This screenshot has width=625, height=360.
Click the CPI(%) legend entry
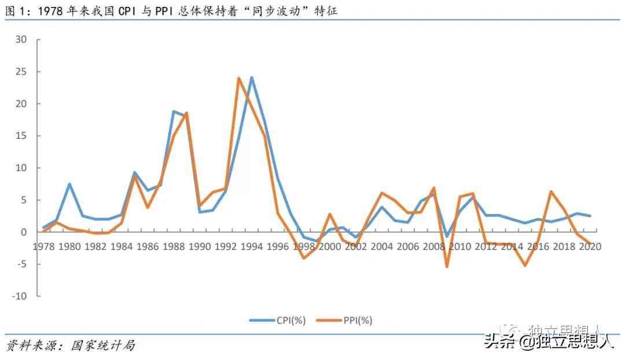tap(277, 320)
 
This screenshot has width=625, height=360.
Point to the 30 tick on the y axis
tap(21, 39)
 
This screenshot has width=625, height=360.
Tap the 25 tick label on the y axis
tap(21, 72)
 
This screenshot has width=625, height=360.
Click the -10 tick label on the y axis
tap(20, 296)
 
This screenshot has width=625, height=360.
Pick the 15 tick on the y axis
tap(21, 136)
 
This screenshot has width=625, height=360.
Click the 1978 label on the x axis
tap(44, 246)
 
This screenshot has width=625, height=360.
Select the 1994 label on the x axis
tap(252, 246)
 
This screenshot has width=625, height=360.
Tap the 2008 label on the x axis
tap(434, 246)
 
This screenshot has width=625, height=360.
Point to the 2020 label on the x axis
tap(590, 246)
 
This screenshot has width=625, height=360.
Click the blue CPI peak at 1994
tap(252, 78)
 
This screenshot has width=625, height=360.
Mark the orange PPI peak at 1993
tap(238, 78)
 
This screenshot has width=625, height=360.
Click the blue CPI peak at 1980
tap(69, 184)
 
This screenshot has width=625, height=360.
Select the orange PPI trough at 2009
tap(447, 266)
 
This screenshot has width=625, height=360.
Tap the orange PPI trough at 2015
tap(525, 265)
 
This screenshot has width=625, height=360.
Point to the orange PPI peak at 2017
tap(551, 192)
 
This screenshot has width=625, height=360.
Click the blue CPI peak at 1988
tap(174, 111)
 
